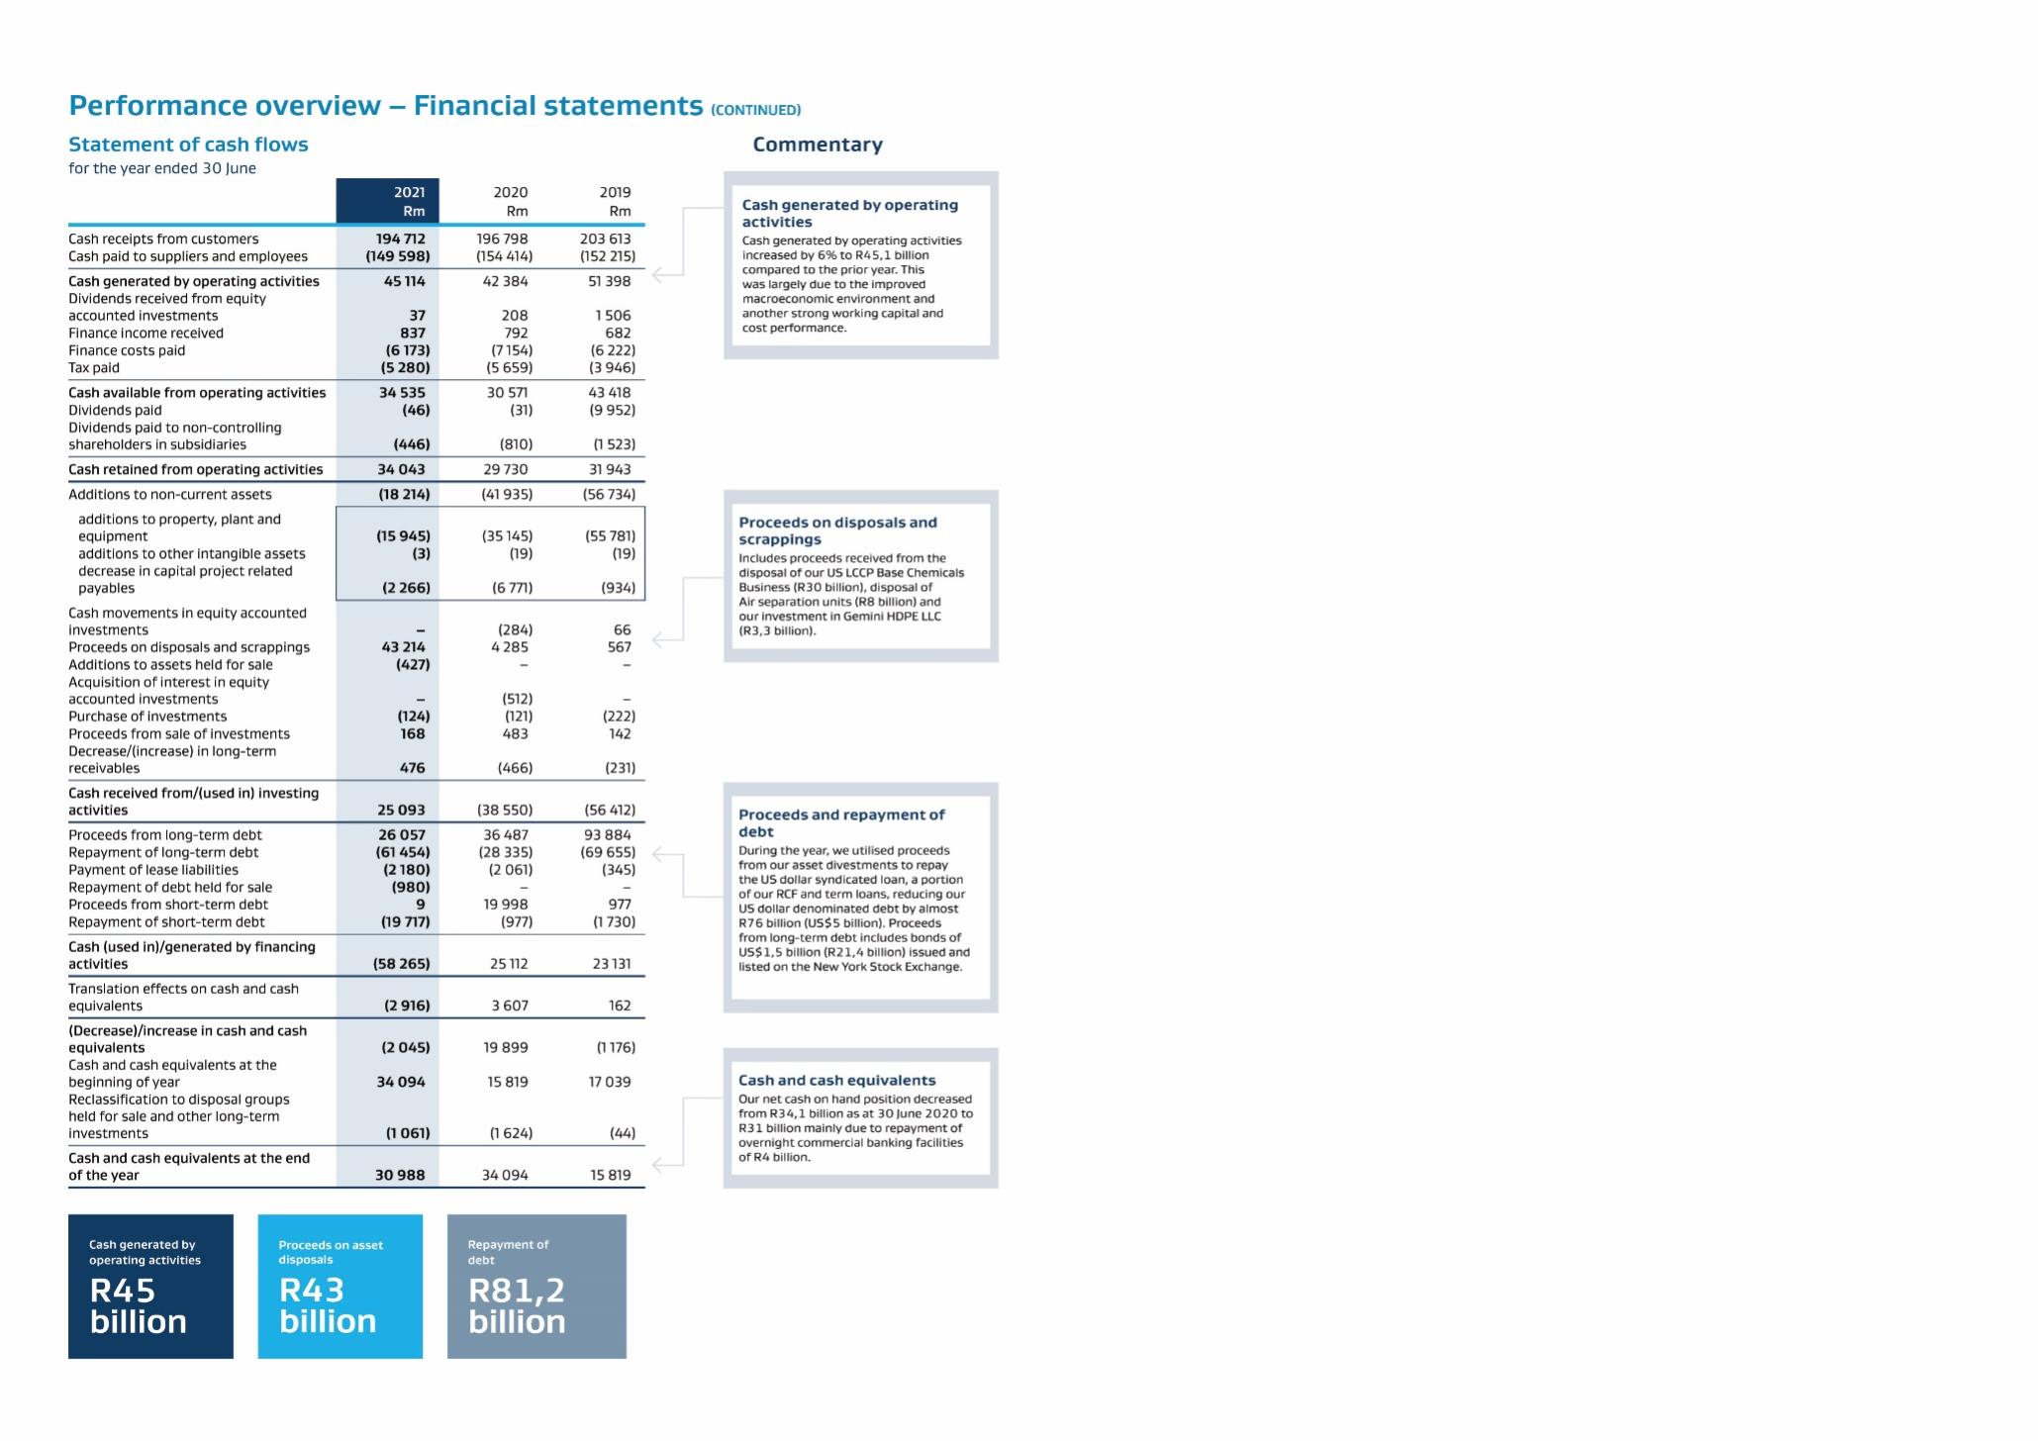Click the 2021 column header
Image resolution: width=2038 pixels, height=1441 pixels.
tap(409, 192)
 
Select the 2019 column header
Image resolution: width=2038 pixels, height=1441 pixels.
tap(615, 192)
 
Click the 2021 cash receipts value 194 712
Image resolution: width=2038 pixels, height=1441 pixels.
tap(400, 239)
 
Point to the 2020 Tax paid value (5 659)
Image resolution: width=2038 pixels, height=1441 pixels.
tap(510, 367)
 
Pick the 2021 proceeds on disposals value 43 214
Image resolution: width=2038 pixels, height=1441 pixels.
tap(403, 647)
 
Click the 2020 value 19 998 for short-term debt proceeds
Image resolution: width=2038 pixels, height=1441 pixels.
tap(506, 905)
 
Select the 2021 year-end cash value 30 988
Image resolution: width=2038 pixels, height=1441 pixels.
tap(400, 1175)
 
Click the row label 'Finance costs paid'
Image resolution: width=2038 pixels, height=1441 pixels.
tap(127, 350)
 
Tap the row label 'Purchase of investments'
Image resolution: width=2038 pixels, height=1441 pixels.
tap(147, 717)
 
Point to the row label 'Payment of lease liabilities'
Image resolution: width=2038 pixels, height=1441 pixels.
tap(153, 870)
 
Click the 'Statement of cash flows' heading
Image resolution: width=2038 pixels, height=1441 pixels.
tap(188, 144)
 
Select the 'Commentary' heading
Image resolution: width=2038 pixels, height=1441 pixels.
tap(818, 144)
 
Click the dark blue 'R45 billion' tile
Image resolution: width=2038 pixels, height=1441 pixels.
tap(150, 1287)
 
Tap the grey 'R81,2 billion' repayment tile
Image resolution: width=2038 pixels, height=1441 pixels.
tap(536, 1287)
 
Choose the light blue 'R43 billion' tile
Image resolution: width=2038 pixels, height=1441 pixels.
tap(340, 1287)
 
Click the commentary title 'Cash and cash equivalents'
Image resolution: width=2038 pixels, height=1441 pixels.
tap(836, 1081)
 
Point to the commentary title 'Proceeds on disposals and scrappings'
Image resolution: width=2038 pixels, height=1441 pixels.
tap(837, 530)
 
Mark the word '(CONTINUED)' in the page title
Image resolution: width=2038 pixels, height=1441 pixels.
tap(755, 110)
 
